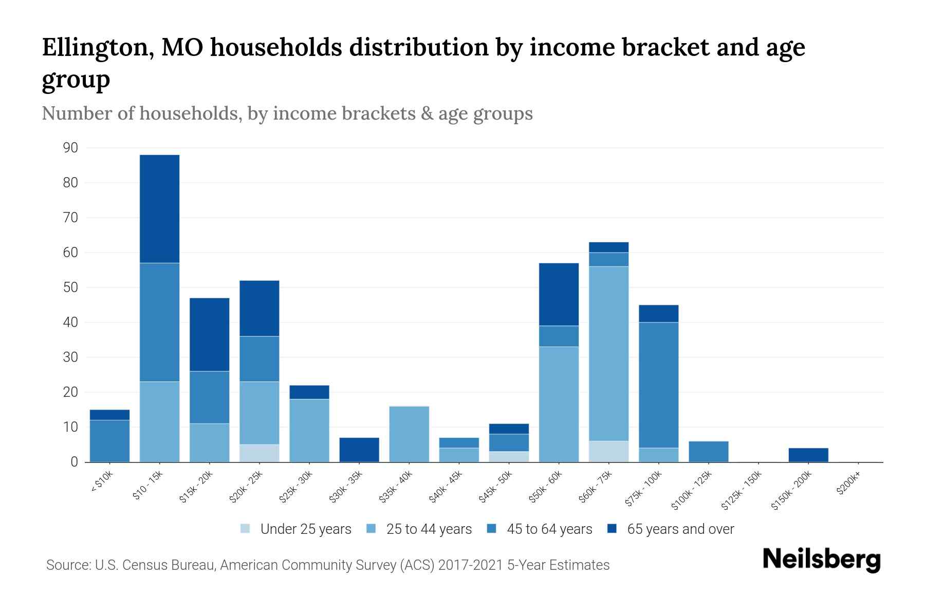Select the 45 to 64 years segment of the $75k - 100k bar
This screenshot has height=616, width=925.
click(658, 385)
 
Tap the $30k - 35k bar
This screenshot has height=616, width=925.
click(359, 450)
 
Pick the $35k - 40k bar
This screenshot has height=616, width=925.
click(409, 434)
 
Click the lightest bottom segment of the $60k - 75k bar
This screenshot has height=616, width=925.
click(608, 452)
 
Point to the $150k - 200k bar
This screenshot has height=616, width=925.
click(808, 455)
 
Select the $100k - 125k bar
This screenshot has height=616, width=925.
click(708, 452)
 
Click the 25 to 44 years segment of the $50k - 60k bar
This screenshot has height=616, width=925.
click(559, 405)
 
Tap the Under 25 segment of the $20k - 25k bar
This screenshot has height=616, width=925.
click(260, 453)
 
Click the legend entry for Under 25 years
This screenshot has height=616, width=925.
click(305, 529)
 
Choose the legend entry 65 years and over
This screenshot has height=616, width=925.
click(680, 529)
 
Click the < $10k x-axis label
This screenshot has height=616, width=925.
click(101, 483)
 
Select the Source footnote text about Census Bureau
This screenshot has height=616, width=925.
click(328, 565)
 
